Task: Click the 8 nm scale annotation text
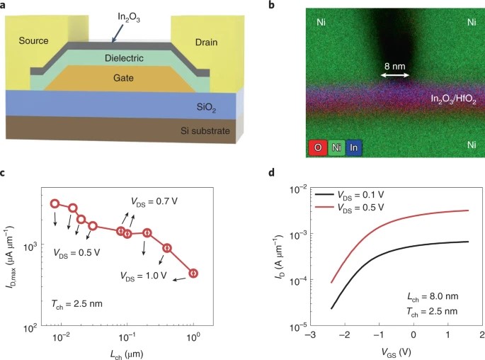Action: [395, 66]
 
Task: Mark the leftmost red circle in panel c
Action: [55, 204]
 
